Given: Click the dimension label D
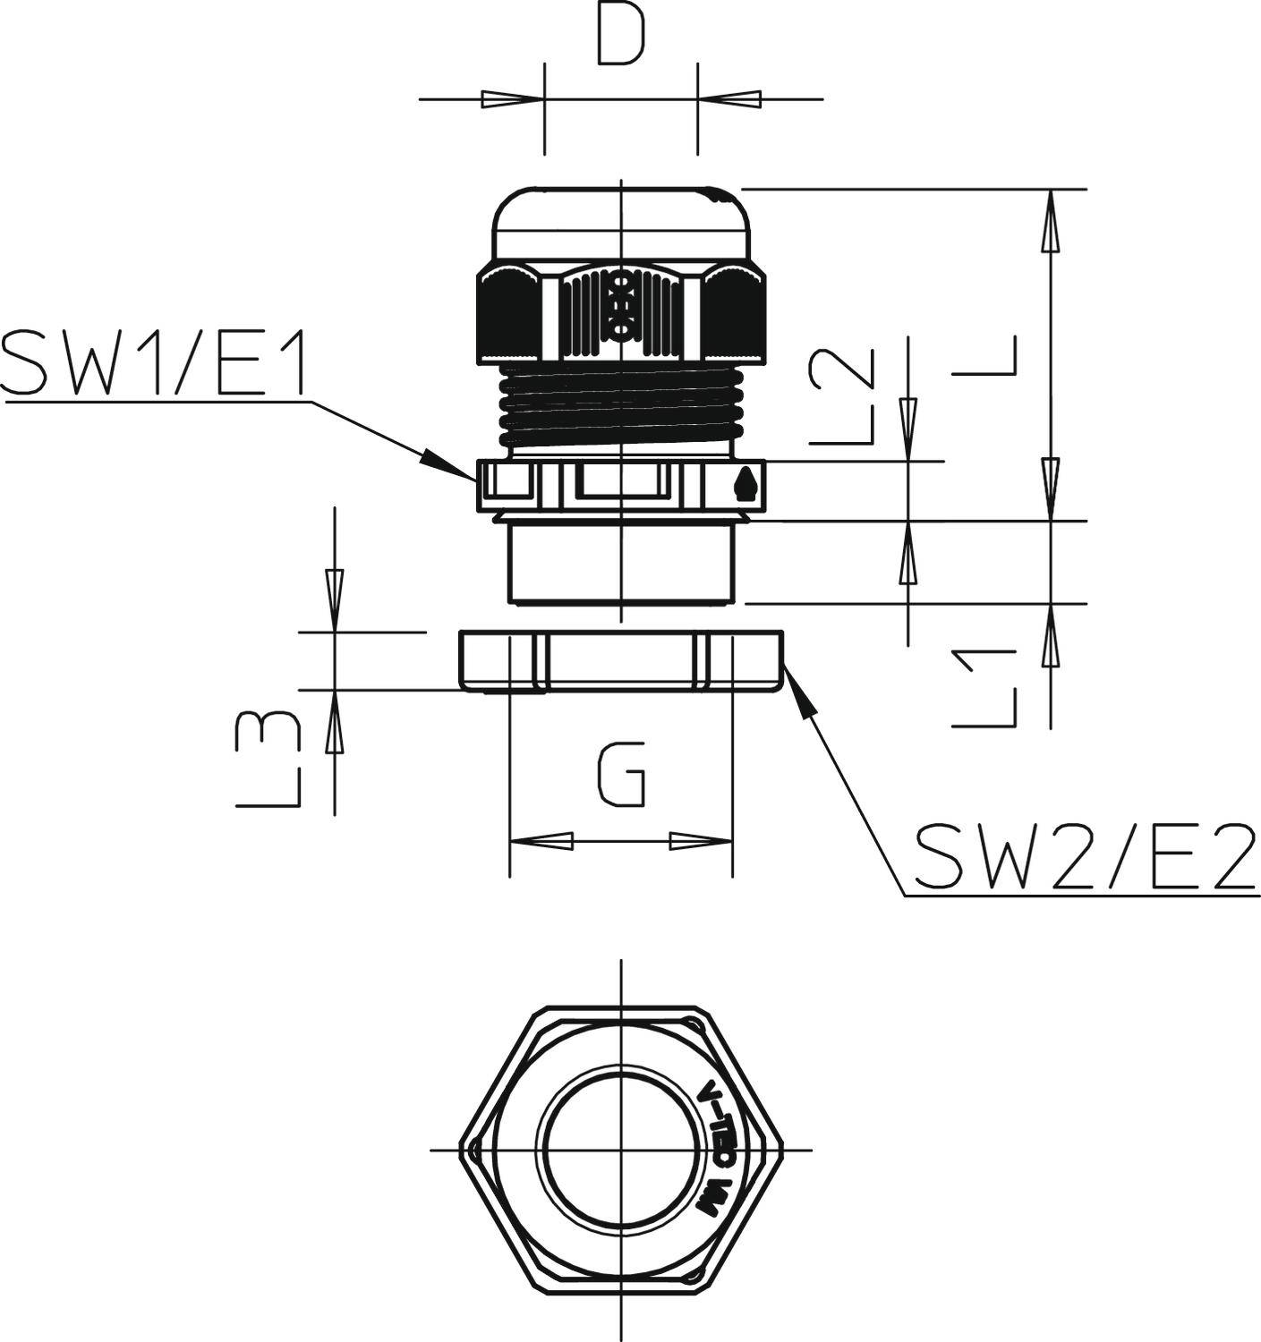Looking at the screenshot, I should (621, 38).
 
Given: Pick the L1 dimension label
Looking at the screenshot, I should (985, 687).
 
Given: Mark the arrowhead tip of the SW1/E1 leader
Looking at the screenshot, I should (475, 479).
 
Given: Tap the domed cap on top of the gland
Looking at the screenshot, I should (621, 224).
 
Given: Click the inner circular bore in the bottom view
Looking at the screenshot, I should (621, 1149).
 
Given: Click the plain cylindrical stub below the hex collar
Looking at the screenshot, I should (621, 564).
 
